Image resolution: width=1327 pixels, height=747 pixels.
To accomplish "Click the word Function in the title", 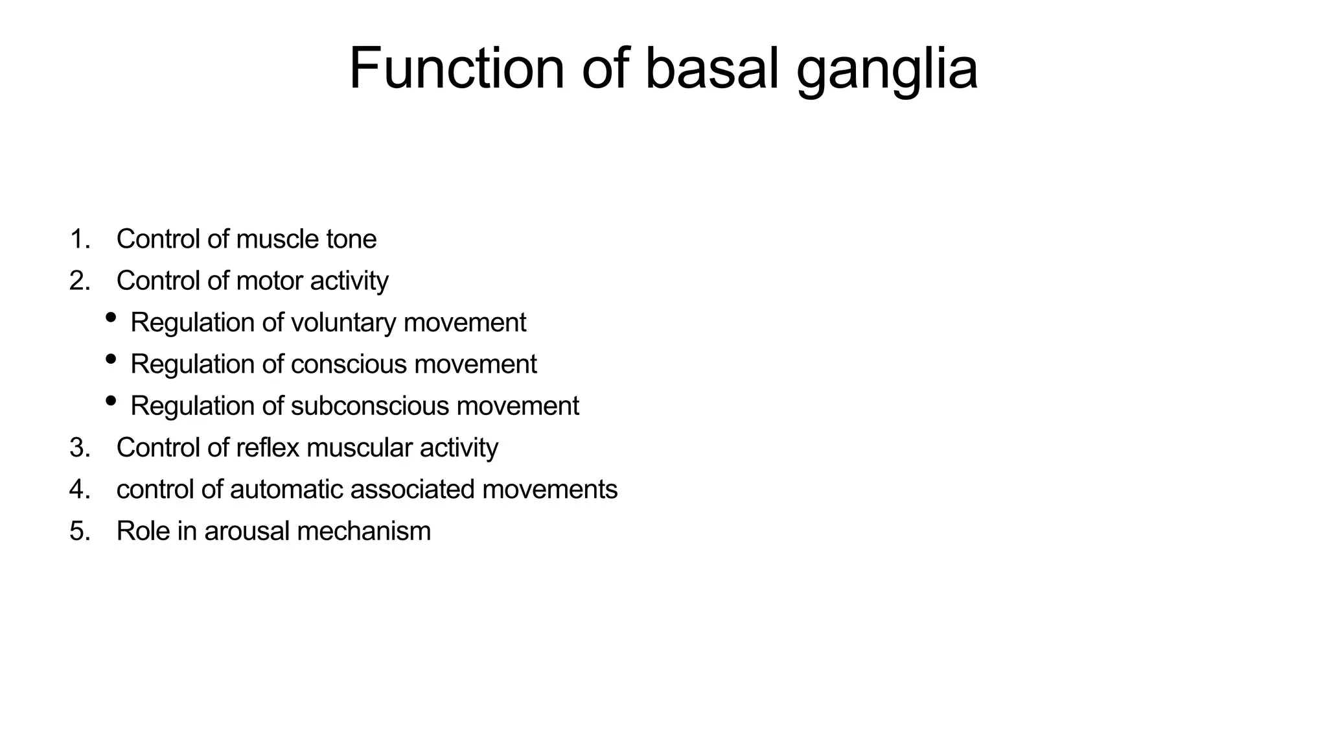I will point(456,69).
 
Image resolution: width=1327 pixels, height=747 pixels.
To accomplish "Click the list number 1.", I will point(79,239).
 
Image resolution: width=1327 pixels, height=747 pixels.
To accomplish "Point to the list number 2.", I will point(79,281).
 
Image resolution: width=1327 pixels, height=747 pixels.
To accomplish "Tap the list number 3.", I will point(79,448).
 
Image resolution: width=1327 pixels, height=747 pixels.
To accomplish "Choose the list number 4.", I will point(79,490).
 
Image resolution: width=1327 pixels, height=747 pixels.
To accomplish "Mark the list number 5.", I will point(79,531).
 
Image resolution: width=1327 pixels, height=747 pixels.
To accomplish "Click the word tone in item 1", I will point(351,239).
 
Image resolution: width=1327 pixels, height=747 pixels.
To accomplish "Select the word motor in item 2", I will point(270,281).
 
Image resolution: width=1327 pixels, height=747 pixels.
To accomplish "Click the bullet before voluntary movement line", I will point(111,317).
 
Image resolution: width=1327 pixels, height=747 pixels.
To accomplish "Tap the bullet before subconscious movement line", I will point(111,401).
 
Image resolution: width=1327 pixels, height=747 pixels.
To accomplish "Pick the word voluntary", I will point(343,323).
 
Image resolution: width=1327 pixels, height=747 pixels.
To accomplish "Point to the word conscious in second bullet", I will point(349,364).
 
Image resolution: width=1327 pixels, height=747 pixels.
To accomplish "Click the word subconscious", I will point(369,406).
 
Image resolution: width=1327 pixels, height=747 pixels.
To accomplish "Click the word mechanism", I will point(363,531).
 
